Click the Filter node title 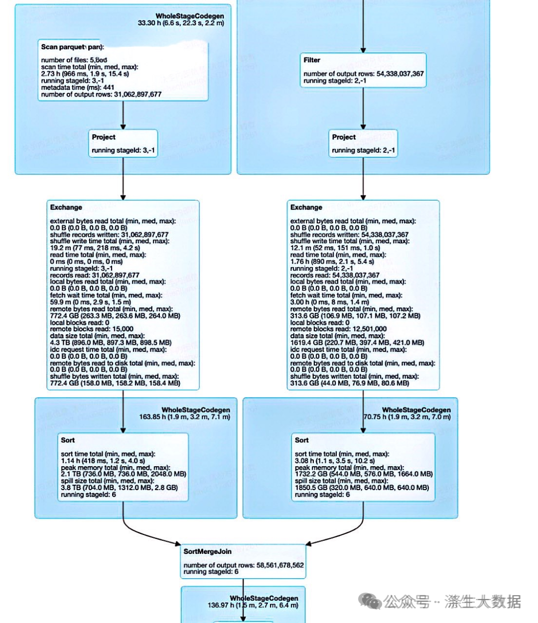(312, 60)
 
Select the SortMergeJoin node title (207, 551)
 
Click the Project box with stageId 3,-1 (123, 143)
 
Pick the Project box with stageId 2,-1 (363, 143)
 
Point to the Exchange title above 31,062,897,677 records (66, 208)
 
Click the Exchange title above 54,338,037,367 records (306, 208)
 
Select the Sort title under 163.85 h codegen (68, 440)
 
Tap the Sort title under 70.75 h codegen (301, 440)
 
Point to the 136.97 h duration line (253, 606)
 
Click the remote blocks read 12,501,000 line (338, 329)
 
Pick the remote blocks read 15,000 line (92, 329)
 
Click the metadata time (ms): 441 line (78, 87)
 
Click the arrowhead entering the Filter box (363, 50)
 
